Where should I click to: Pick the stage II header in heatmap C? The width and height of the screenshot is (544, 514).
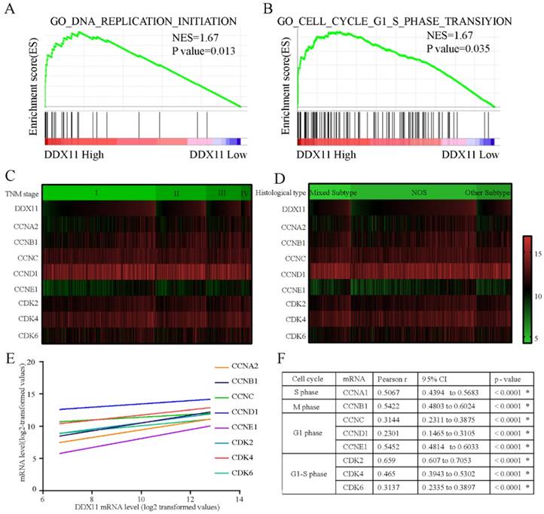point(177,193)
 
